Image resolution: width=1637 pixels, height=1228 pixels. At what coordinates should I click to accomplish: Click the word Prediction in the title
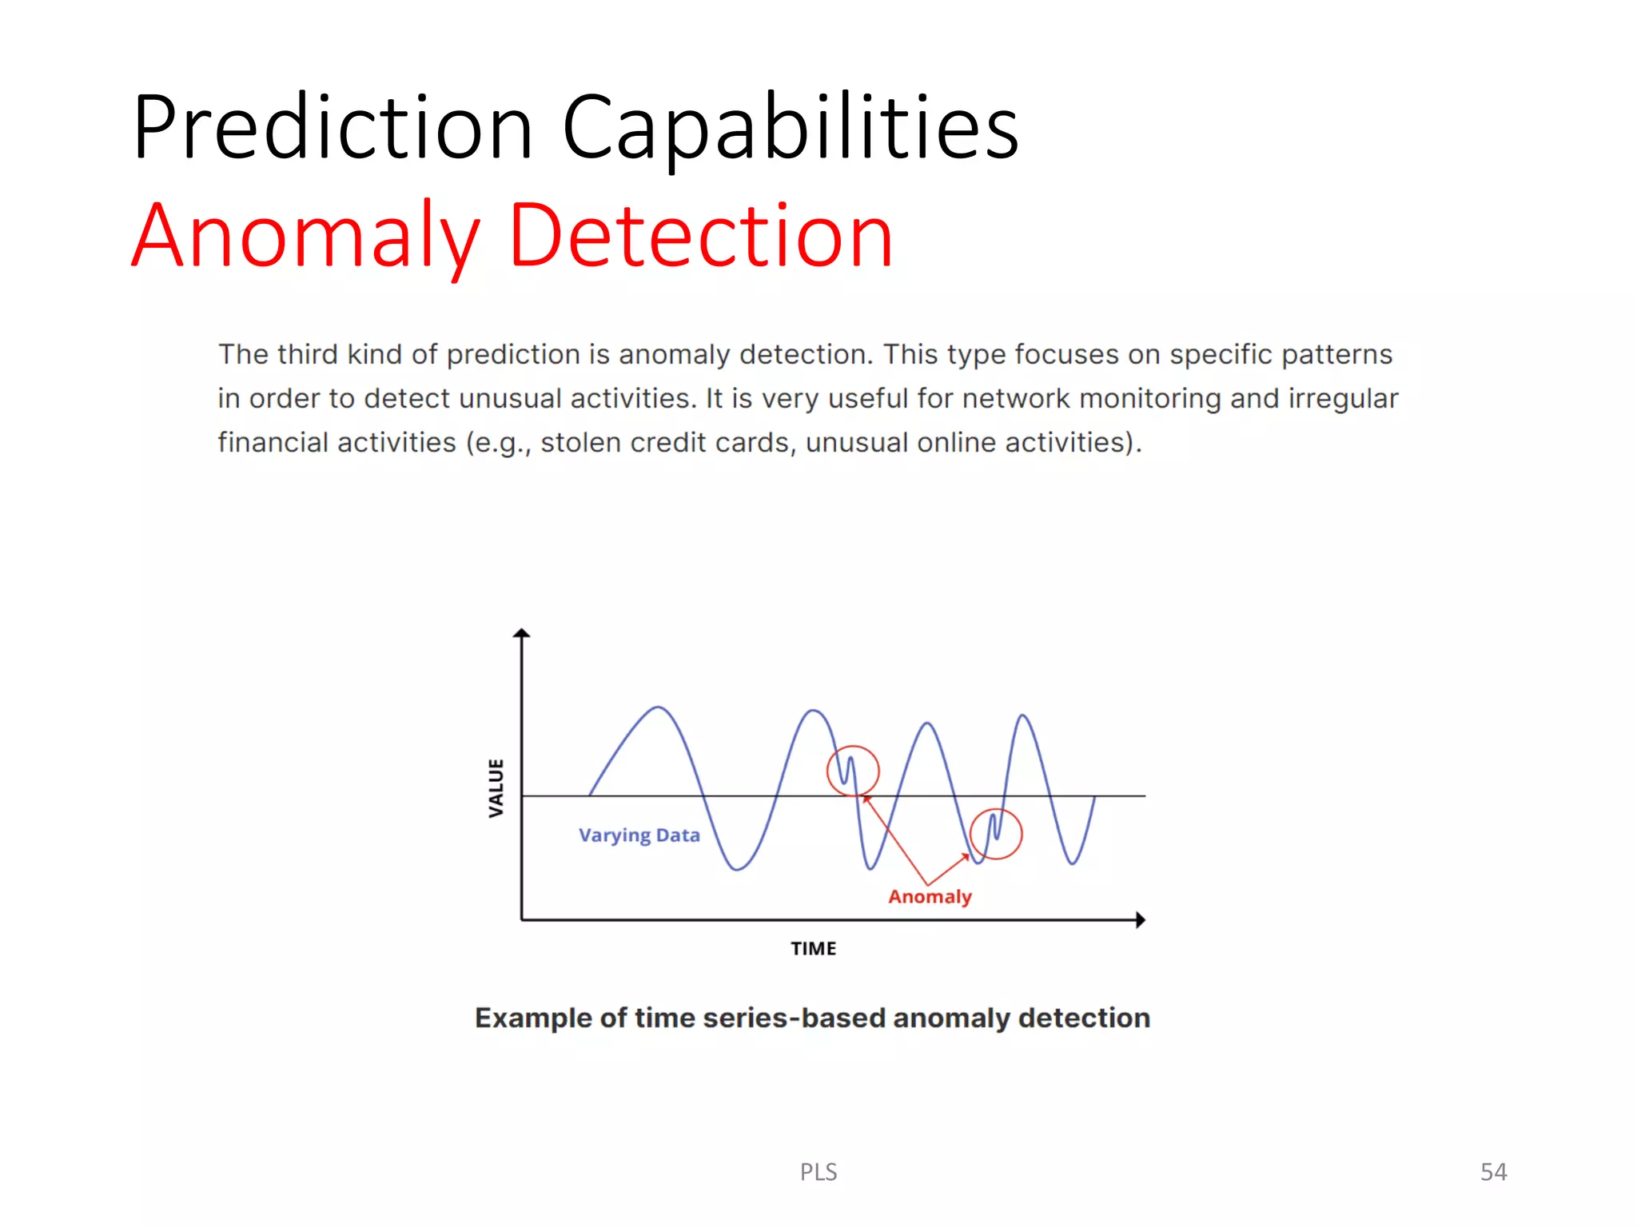pyautogui.click(x=333, y=128)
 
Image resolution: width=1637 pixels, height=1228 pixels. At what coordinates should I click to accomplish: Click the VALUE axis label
pyautogui.click(x=496, y=788)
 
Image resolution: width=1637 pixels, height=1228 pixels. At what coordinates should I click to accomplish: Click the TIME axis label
pyautogui.click(x=813, y=949)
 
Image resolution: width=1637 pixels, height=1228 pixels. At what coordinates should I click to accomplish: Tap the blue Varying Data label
pyautogui.click(x=639, y=835)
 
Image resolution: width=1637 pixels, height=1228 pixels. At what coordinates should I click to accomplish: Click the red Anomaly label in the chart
pyautogui.click(x=930, y=897)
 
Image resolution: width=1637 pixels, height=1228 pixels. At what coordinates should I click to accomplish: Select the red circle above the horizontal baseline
pyautogui.click(x=853, y=771)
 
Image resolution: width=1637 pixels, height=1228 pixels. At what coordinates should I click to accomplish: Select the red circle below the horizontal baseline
pyautogui.click(x=996, y=834)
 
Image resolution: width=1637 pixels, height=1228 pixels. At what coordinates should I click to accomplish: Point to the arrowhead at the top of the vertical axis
pyautogui.click(x=522, y=633)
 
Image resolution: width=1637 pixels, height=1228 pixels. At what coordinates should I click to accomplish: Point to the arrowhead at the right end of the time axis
pyautogui.click(x=1141, y=920)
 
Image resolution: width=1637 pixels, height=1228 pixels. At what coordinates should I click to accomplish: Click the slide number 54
pyautogui.click(x=1493, y=1172)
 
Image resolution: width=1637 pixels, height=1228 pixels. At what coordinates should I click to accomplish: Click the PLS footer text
pyautogui.click(x=818, y=1172)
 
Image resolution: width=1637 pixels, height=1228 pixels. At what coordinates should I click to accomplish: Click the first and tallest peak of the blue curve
pyautogui.click(x=658, y=708)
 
